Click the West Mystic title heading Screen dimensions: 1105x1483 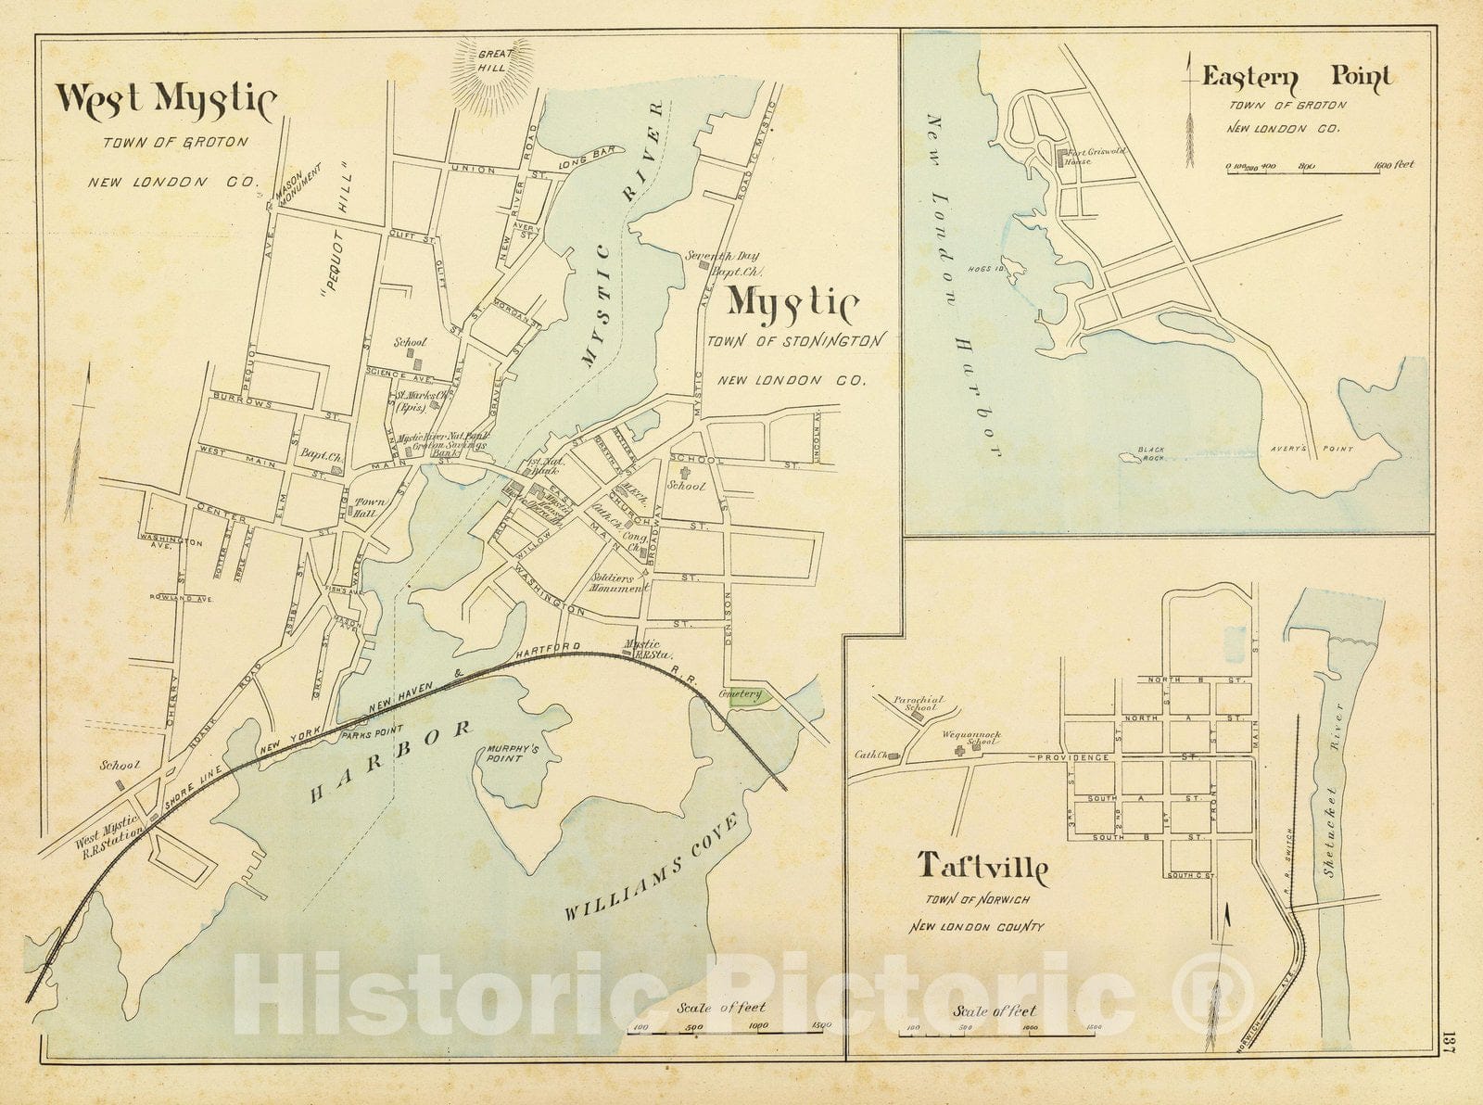[165, 100]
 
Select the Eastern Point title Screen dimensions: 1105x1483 [1296, 78]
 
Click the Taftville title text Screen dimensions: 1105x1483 [982, 868]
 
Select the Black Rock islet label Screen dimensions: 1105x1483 [1152, 453]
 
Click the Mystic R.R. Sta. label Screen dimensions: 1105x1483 [641, 648]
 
